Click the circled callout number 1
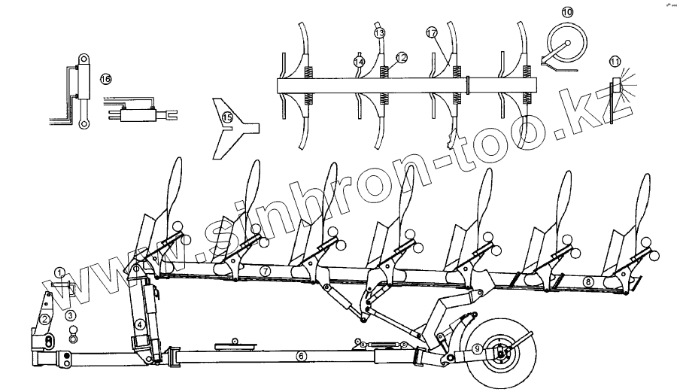point(59,272)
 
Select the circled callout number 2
point(46,319)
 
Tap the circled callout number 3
point(70,316)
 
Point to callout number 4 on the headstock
point(140,325)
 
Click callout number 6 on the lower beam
point(301,355)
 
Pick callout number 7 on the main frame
point(264,269)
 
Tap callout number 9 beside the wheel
point(477,350)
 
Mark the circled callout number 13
point(379,33)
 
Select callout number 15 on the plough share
point(226,116)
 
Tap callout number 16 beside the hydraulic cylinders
point(105,78)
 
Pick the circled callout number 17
point(431,33)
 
